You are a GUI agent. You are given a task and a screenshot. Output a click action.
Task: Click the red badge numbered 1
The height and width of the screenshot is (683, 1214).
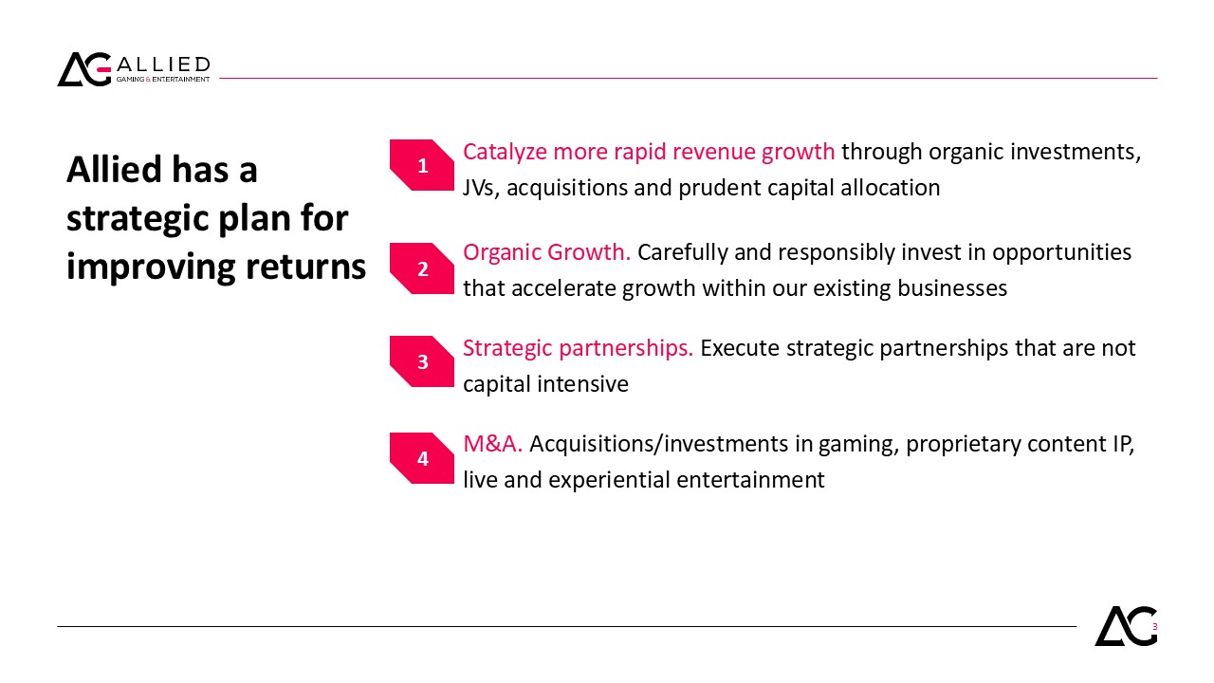tap(422, 165)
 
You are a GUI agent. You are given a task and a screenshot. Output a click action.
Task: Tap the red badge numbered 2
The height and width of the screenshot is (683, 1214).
tap(422, 268)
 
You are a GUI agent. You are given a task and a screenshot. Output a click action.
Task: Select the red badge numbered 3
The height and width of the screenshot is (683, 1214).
tap(422, 361)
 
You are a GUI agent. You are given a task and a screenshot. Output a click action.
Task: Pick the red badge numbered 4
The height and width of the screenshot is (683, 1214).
tap(422, 458)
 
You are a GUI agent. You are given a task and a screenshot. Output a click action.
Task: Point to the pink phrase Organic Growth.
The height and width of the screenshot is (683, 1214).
tap(546, 252)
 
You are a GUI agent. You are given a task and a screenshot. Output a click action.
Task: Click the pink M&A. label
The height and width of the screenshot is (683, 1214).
tap(492, 444)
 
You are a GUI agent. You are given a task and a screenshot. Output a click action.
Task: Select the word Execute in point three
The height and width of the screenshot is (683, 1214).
tap(740, 348)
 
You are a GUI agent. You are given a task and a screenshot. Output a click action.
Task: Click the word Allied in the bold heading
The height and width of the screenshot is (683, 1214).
tap(114, 169)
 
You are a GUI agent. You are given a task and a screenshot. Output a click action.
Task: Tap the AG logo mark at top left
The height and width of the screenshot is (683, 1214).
tap(84, 69)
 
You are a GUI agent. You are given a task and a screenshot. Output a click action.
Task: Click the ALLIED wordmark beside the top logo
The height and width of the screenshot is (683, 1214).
tap(163, 65)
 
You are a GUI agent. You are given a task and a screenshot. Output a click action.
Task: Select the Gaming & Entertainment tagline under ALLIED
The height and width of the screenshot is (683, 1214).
tap(163, 79)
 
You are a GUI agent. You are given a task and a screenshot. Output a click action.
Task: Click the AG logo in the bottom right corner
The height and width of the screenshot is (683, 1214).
tap(1126, 625)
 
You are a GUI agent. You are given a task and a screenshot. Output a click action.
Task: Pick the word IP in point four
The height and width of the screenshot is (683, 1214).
tap(1123, 444)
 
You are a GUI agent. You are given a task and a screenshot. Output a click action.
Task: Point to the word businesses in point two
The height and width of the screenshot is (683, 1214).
tap(952, 288)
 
